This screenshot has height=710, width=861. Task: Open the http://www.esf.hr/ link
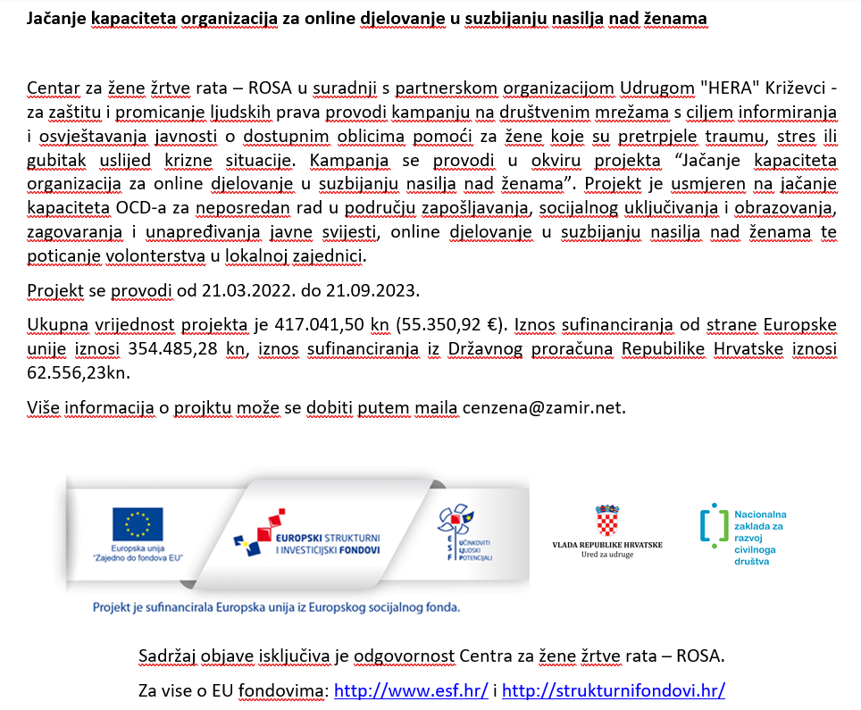tap(410, 690)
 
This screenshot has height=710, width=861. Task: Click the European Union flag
tap(138, 524)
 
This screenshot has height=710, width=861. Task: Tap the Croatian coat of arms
tap(607, 520)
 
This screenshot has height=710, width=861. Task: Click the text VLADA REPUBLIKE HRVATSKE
tap(607, 544)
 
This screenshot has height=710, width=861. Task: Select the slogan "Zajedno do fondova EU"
tap(138, 557)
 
